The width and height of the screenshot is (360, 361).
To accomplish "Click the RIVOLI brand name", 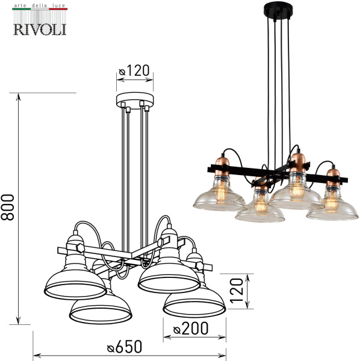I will (40, 28).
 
